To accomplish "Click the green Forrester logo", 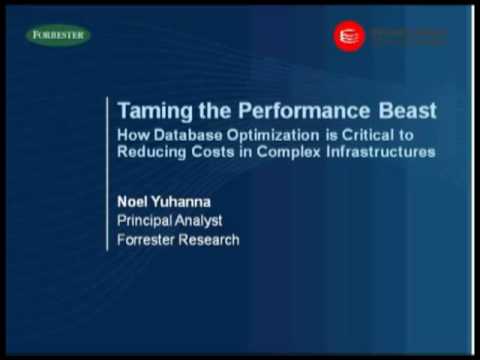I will pos(58,35).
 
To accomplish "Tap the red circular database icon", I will pos(348,36).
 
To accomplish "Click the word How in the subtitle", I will pos(134,134).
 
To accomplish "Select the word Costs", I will pos(220,152).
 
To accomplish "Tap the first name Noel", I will pos(135,200).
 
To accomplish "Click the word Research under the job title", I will pos(210,240).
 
